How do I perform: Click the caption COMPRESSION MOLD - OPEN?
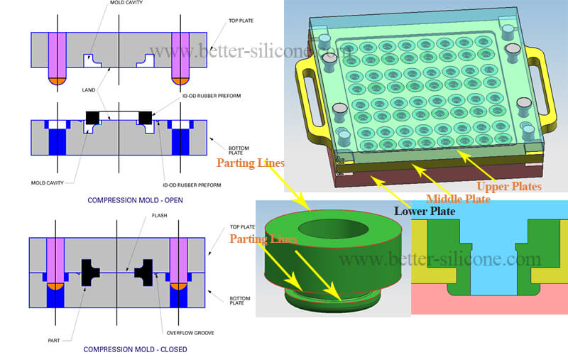[135, 200]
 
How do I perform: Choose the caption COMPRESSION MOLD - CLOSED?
[136, 349]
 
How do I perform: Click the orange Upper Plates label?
[509, 187]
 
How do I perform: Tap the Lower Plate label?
[425, 211]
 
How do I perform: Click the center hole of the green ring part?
[334, 229]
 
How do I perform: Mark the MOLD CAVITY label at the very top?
[126, 3]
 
